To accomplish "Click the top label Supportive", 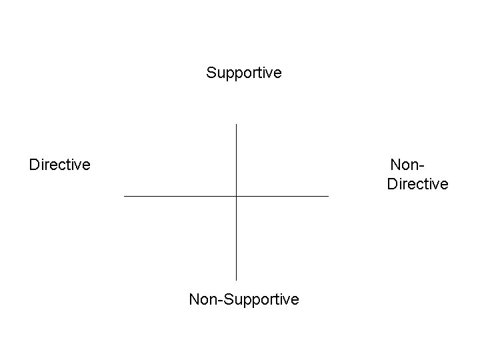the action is pos(244,72).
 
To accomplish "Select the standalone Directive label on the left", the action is pos(59,164).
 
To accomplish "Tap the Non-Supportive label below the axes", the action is pos(244,299).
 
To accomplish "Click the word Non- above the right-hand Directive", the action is pos(407,164).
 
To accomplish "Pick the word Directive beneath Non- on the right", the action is pos(417,183).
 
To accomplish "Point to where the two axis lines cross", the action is pos(237,196).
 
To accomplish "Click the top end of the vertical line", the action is pos(237,125).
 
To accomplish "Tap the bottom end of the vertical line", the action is pos(237,279).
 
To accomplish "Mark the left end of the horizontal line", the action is pos(125,196).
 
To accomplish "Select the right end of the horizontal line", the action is pos(328,196).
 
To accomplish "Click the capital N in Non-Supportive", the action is pos(194,299).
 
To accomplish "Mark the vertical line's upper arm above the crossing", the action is pos(237,160).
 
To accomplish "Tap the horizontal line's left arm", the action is pos(180,196).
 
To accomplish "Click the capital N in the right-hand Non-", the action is pos(395,164).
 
